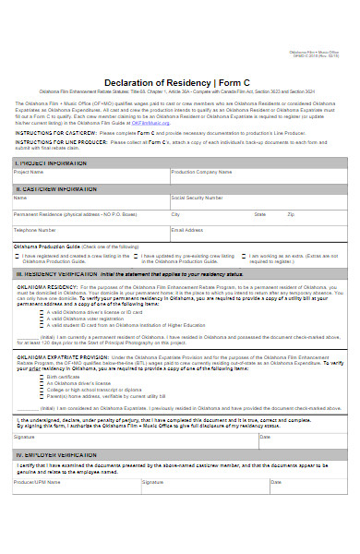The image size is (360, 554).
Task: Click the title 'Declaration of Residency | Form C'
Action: [x=180, y=83]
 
